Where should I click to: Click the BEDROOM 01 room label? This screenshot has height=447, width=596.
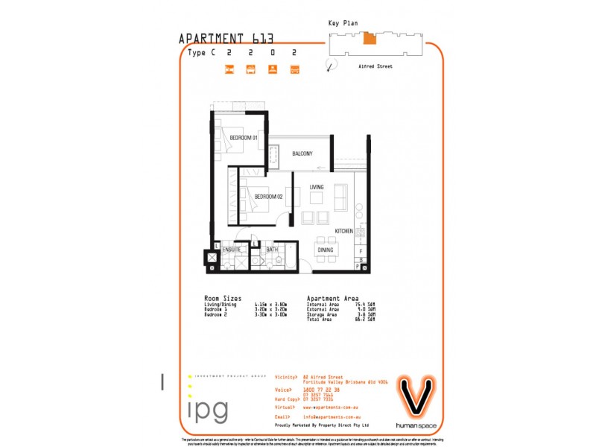click(x=243, y=138)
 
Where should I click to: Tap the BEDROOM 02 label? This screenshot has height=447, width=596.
click(x=268, y=197)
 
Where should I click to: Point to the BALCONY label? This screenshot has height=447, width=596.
click(x=302, y=154)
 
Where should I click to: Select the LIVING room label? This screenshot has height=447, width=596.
click(x=317, y=186)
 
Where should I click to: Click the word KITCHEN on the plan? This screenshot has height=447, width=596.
click(x=343, y=232)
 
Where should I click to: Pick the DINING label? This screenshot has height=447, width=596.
click(x=326, y=250)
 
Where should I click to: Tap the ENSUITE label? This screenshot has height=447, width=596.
click(x=231, y=250)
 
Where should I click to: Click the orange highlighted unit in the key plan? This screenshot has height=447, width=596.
click(x=370, y=38)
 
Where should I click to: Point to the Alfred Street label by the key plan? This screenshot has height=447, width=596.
click(x=376, y=66)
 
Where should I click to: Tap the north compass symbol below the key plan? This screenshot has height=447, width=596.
click(x=329, y=67)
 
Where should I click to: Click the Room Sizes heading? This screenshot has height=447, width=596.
click(x=221, y=298)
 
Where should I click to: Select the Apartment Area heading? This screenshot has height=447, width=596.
click(x=332, y=298)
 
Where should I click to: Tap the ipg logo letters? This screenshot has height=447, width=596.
click(x=208, y=410)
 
